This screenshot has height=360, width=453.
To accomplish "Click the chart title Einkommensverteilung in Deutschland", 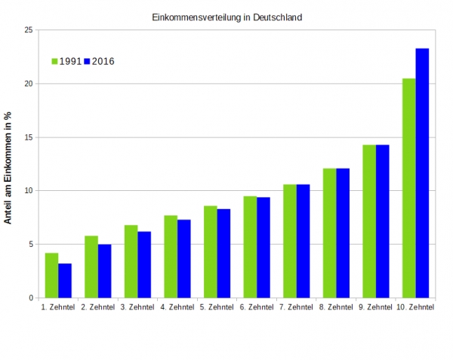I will [x=227, y=17].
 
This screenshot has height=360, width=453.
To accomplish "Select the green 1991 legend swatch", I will [x=54, y=61].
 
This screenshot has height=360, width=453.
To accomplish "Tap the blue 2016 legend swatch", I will [x=87, y=61].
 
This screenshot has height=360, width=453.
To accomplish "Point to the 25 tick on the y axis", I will [x=28, y=30].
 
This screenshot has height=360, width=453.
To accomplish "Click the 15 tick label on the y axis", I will [x=28, y=137].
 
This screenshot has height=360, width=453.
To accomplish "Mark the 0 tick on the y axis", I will [x=30, y=298].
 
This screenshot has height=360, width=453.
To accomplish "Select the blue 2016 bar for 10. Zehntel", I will [x=422, y=173].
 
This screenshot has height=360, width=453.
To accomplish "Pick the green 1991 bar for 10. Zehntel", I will [x=408, y=188].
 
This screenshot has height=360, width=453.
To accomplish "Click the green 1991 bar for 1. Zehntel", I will [x=51, y=275].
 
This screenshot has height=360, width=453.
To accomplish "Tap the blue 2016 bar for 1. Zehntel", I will [x=65, y=281].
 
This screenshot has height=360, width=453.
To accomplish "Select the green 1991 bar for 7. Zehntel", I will [x=290, y=241].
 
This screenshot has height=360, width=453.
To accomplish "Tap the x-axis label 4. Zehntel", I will [x=177, y=308].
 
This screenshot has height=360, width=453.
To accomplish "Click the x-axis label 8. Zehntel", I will [x=336, y=308].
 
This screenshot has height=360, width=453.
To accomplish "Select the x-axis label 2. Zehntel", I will [x=97, y=308].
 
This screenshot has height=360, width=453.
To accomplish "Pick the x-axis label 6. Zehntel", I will [x=257, y=308].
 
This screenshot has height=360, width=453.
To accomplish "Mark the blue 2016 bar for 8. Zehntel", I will [x=343, y=233].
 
